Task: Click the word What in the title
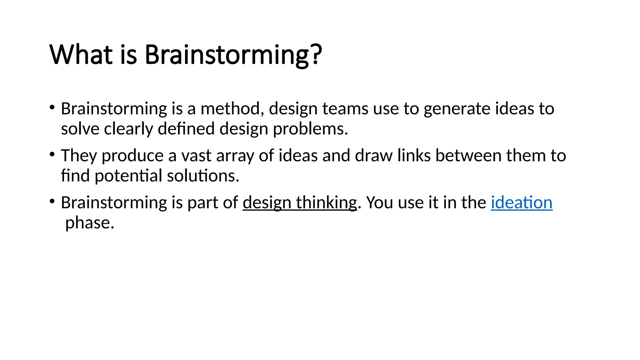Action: (81, 55)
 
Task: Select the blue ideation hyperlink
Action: (521, 202)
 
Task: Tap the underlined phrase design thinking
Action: (300, 202)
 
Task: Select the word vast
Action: (196, 156)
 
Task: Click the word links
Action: (414, 156)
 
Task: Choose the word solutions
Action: (203, 176)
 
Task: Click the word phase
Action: (89, 223)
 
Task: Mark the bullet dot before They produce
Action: (52, 154)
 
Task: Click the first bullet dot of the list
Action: (52, 107)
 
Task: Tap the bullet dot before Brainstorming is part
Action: (52, 201)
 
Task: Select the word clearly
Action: (128, 129)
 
